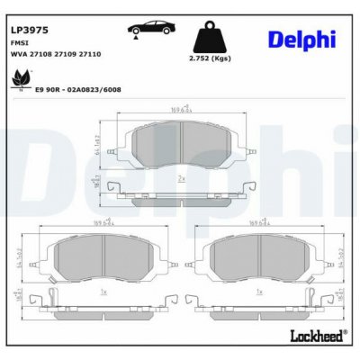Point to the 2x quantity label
coord(181,179)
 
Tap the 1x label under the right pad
coord(258,292)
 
